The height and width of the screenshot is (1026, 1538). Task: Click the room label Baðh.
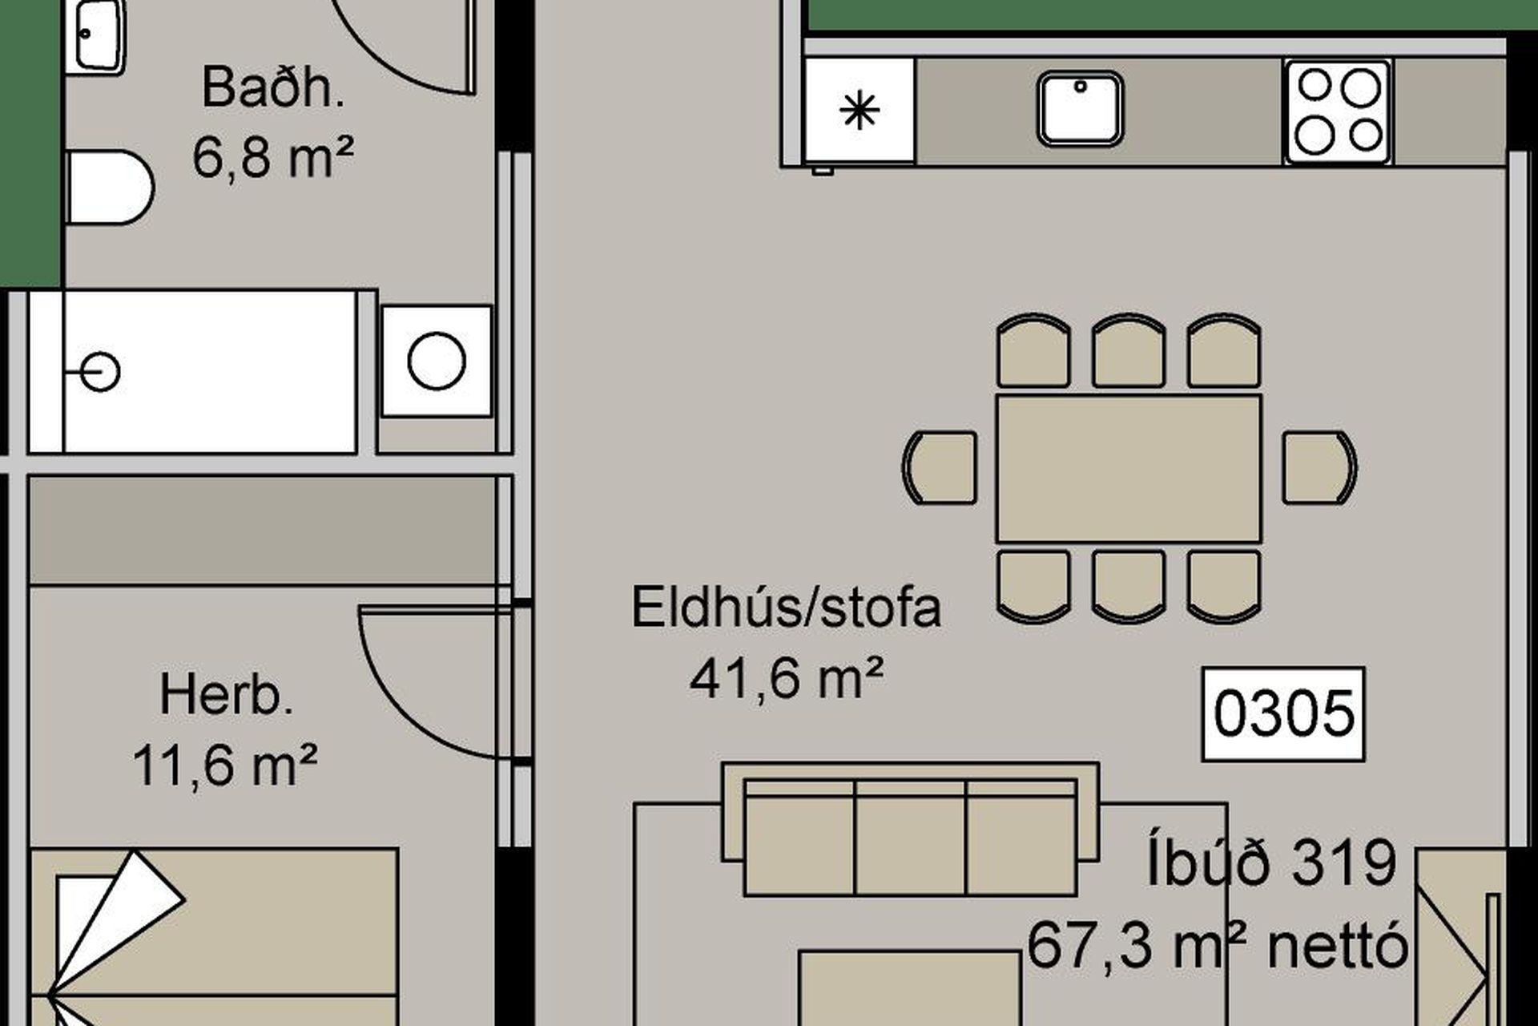pyautogui.click(x=273, y=88)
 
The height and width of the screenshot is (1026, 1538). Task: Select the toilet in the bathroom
pyautogui.click(x=110, y=188)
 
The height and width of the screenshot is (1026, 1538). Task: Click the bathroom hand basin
pyautogui.click(x=95, y=37)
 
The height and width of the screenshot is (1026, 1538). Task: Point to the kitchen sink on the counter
pyautogui.click(x=1080, y=108)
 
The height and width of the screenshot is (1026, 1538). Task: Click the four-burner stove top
pyautogui.click(x=1338, y=111)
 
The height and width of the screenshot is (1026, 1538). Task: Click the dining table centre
pyautogui.click(x=1129, y=468)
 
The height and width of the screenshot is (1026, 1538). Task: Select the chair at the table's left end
pyautogui.click(x=940, y=468)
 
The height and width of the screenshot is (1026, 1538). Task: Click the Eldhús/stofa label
pyautogui.click(x=786, y=608)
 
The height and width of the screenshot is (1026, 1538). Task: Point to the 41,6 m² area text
pyautogui.click(x=786, y=678)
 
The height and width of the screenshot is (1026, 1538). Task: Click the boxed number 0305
pyautogui.click(x=1283, y=713)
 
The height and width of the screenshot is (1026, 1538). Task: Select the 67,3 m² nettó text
pyautogui.click(x=1217, y=946)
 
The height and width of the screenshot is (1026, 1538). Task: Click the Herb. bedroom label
pyautogui.click(x=227, y=696)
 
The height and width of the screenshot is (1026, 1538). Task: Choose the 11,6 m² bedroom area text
pyautogui.click(x=225, y=765)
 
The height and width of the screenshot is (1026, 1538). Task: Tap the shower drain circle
pyautogui.click(x=100, y=373)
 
